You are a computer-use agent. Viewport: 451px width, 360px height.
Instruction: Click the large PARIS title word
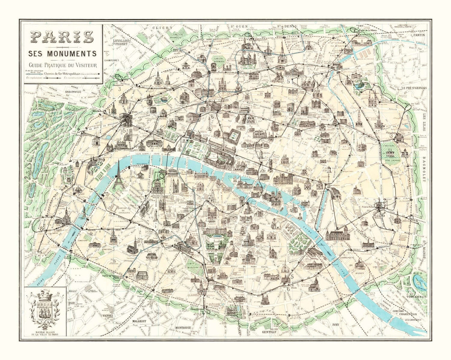[x=62, y=37]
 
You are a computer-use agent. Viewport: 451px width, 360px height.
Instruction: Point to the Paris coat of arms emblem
[x=45, y=309]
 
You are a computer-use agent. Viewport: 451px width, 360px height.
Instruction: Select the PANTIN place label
[x=418, y=35]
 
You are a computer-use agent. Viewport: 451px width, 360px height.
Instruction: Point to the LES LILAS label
[x=425, y=121]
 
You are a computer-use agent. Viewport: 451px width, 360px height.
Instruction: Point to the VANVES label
[x=107, y=315]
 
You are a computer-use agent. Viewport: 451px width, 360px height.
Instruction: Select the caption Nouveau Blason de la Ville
[x=45, y=333]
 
